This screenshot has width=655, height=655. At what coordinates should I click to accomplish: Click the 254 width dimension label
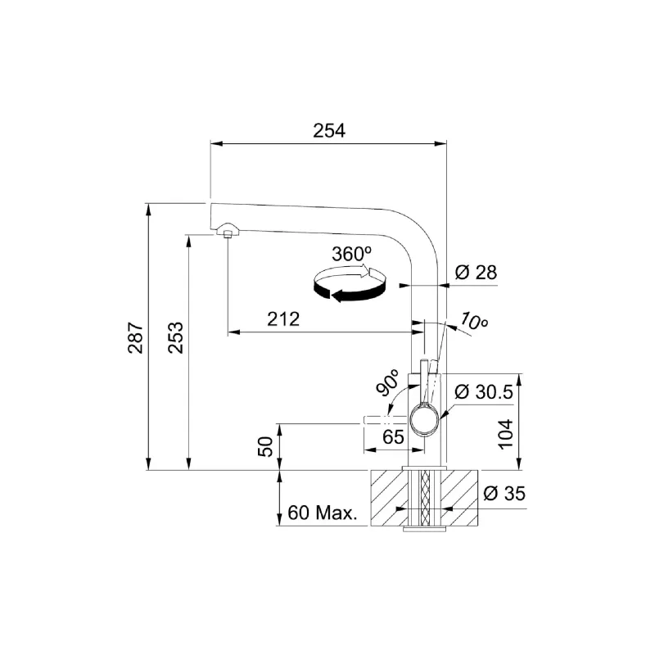(329, 131)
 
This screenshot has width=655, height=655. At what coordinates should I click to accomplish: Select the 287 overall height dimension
(136, 337)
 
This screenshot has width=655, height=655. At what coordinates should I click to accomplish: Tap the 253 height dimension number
(176, 337)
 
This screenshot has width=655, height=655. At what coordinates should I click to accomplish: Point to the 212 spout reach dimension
(283, 319)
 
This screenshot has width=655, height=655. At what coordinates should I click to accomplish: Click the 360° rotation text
(352, 254)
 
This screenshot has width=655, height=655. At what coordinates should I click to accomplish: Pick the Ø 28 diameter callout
(476, 273)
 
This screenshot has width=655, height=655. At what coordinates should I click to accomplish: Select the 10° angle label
(474, 320)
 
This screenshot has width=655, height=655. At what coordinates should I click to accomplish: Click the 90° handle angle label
(386, 382)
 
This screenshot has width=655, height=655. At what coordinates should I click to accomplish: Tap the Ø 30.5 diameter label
(483, 392)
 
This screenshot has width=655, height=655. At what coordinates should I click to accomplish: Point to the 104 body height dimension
(505, 434)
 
